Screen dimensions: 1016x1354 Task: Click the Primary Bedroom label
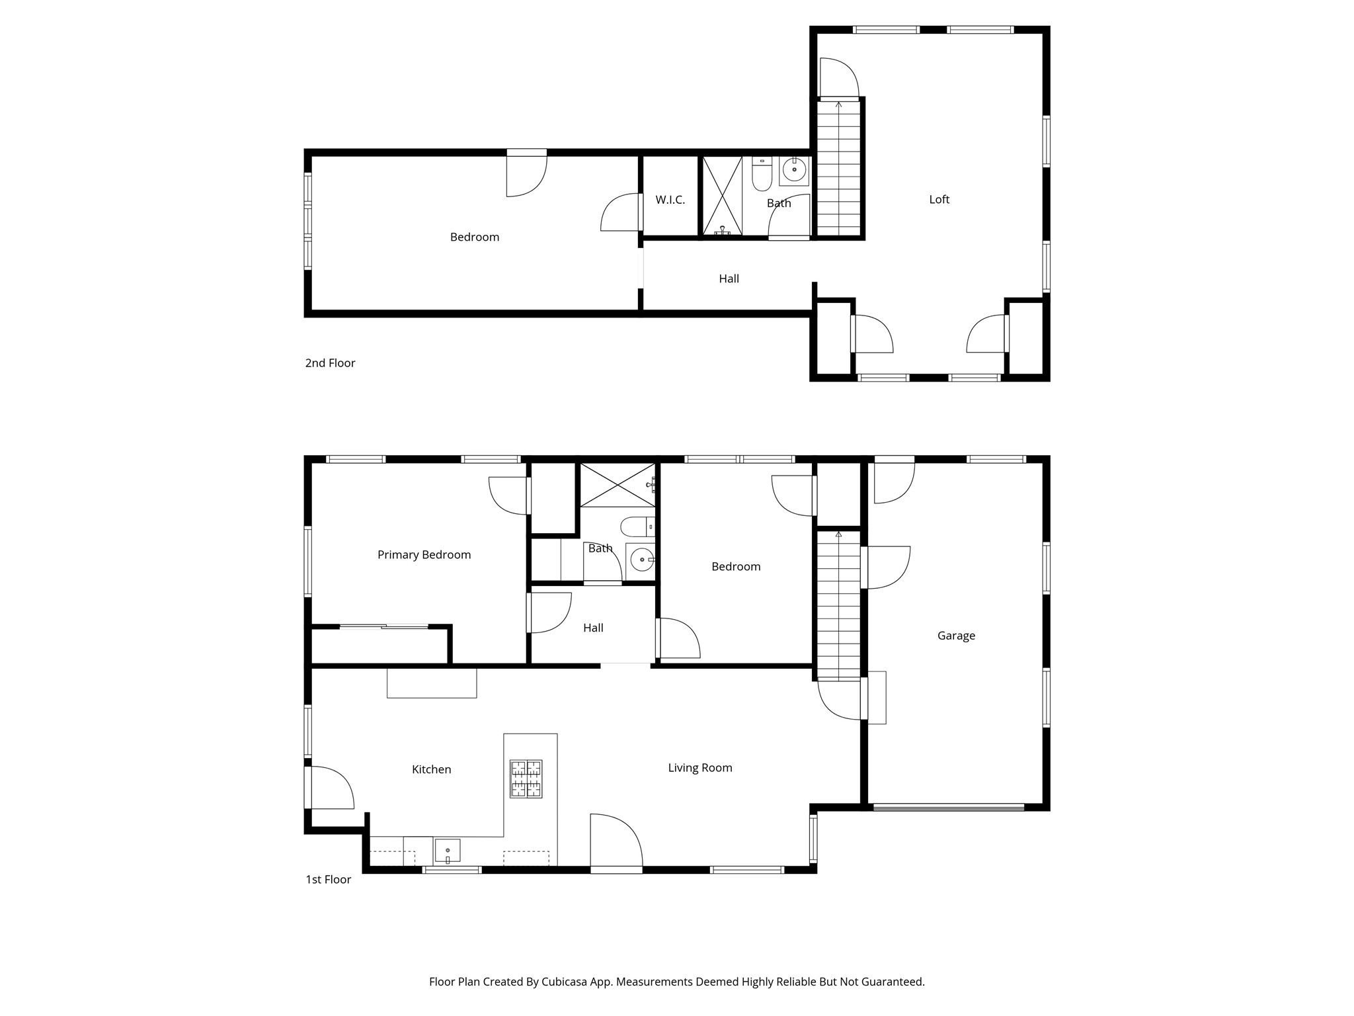[x=424, y=554]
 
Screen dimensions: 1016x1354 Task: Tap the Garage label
[x=956, y=636]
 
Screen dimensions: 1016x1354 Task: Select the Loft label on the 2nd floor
[x=939, y=199]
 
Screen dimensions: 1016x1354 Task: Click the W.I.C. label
[x=670, y=200]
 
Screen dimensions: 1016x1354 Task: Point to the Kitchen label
[x=431, y=769]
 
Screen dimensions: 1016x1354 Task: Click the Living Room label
[x=699, y=768]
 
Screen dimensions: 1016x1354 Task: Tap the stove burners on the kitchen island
[x=526, y=779]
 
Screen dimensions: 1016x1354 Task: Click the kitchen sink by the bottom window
[x=448, y=850]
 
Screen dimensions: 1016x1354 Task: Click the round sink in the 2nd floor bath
[x=794, y=170]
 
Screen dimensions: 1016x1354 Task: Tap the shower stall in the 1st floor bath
[x=617, y=485]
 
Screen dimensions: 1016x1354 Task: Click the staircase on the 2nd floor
[x=839, y=169]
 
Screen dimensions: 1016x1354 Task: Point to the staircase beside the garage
[x=839, y=605]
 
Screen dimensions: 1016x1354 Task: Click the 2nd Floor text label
[x=330, y=363]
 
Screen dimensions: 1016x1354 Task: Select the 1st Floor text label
[x=328, y=880]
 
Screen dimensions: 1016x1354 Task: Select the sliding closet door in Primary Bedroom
[x=384, y=626]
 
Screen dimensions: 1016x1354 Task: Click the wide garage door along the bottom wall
[x=949, y=807]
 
